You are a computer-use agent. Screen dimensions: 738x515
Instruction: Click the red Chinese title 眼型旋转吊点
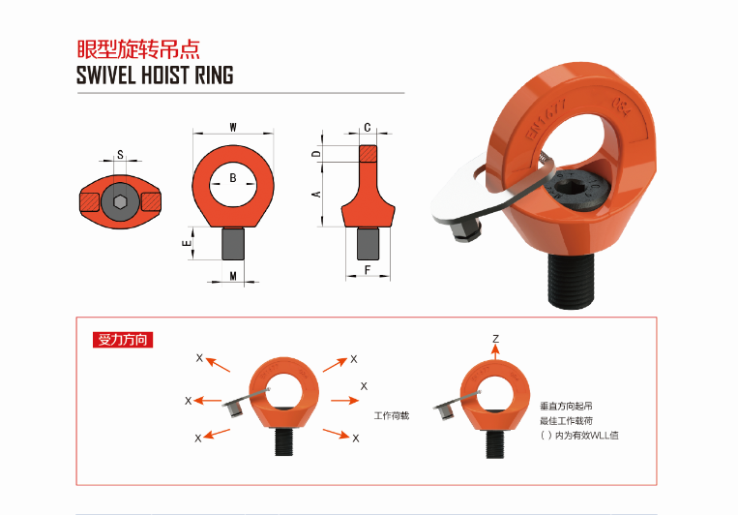tap(138, 49)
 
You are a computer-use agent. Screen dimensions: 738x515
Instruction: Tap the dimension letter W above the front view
tap(233, 127)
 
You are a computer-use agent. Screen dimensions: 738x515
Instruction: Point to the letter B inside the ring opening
tap(233, 178)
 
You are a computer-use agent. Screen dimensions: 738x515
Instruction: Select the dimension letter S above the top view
tap(120, 154)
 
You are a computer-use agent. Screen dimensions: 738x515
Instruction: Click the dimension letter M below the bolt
tap(233, 276)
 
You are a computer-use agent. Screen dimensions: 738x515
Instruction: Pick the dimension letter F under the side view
tap(368, 270)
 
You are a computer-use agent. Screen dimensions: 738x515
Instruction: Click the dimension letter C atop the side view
tap(368, 127)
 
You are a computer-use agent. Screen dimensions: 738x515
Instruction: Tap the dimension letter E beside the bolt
tap(187, 243)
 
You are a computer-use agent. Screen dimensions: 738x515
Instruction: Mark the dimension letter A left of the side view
tap(316, 195)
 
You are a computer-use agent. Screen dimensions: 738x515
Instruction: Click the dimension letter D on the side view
tap(316, 154)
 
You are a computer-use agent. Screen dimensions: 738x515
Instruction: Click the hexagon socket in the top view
tap(120, 202)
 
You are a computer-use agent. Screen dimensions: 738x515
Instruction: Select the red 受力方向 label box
tap(123, 340)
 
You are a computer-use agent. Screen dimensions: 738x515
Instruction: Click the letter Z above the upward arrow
tap(495, 338)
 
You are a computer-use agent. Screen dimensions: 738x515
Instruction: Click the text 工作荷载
tap(392, 415)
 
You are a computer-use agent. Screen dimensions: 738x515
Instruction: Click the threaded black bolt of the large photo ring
tap(571, 281)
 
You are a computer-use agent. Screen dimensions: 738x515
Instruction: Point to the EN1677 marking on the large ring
tap(546, 120)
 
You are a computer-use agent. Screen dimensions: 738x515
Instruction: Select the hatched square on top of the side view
tap(368, 154)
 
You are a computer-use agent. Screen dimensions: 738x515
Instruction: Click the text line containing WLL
tap(579, 436)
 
